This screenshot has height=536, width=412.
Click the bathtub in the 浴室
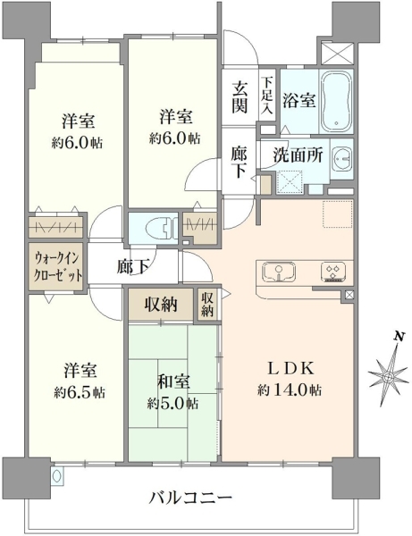point(337,101)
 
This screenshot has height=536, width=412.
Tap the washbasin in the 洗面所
point(341,159)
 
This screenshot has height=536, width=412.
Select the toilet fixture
point(159,228)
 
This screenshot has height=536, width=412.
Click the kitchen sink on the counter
point(279,272)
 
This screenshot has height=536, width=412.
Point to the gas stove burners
point(333,272)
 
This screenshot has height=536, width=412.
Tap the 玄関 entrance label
point(240,97)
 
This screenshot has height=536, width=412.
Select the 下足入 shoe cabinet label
point(267,95)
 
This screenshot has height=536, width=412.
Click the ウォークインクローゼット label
point(57,266)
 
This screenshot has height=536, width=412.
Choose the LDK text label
point(290,368)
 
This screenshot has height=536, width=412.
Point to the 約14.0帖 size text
point(290,389)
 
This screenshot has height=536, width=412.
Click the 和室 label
point(173,381)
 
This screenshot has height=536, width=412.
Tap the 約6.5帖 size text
point(80,392)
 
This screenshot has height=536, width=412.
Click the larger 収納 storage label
point(161,305)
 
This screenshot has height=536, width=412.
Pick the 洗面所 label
point(298,155)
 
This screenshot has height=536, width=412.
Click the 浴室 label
point(298,101)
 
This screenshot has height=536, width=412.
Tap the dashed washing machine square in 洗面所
point(290,181)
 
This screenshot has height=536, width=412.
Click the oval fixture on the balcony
point(57,475)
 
